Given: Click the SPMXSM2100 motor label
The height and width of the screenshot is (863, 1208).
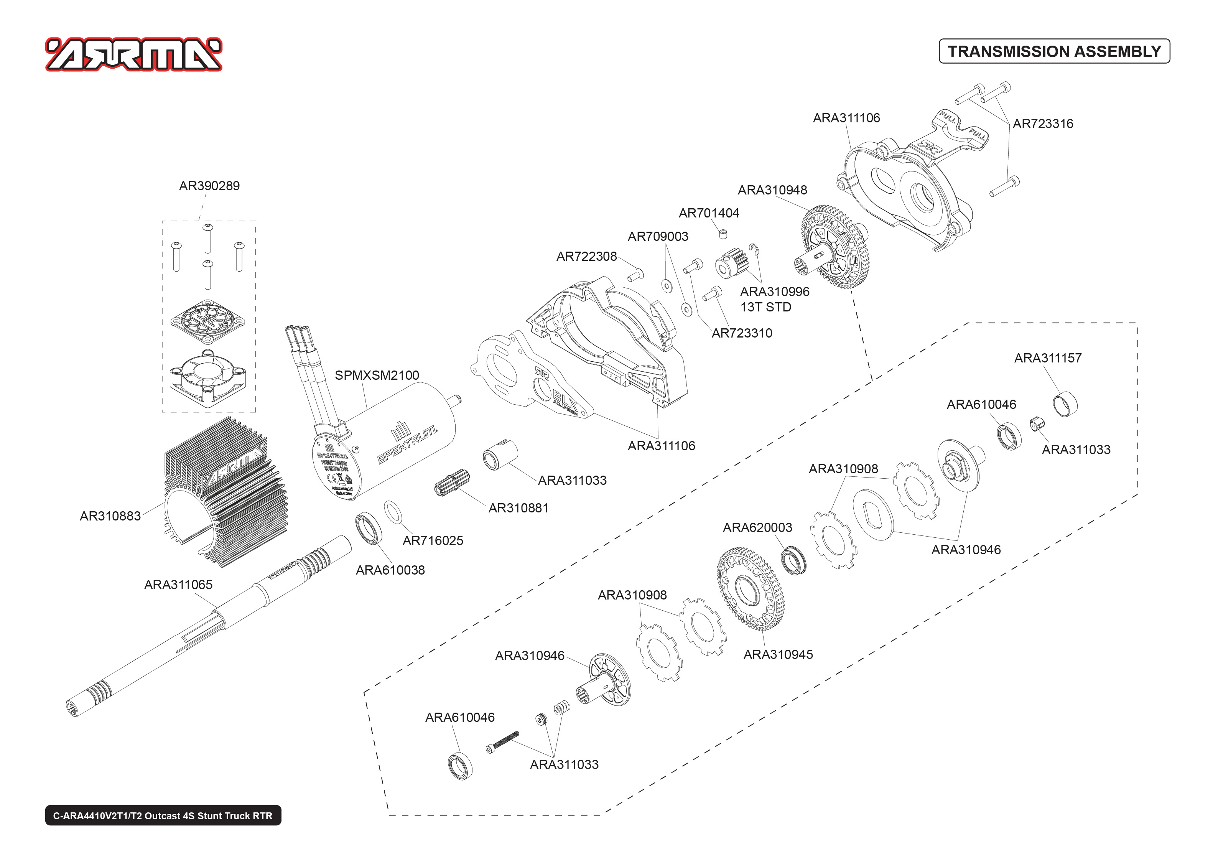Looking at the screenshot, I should click(x=377, y=375).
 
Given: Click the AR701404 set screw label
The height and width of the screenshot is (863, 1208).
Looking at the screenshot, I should click(x=709, y=213).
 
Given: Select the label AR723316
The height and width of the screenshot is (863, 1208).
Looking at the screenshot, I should click(x=1042, y=124).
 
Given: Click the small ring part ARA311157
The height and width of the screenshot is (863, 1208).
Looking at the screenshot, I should click(x=1065, y=404).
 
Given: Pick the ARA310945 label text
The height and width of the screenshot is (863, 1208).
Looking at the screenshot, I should click(x=778, y=655).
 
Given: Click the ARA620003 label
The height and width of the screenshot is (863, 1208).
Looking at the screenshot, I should click(x=757, y=528).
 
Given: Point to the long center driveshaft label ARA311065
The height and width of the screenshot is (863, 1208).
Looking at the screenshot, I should click(x=178, y=585).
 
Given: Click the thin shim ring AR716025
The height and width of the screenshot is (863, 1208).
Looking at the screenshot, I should click(x=393, y=512).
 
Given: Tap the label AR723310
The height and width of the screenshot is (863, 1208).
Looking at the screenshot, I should click(x=742, y=333).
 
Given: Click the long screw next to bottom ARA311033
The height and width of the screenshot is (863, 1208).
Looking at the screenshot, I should click(x=502, y=742).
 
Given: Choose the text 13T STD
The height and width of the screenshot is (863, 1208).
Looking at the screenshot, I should click(x=765, y=307).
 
